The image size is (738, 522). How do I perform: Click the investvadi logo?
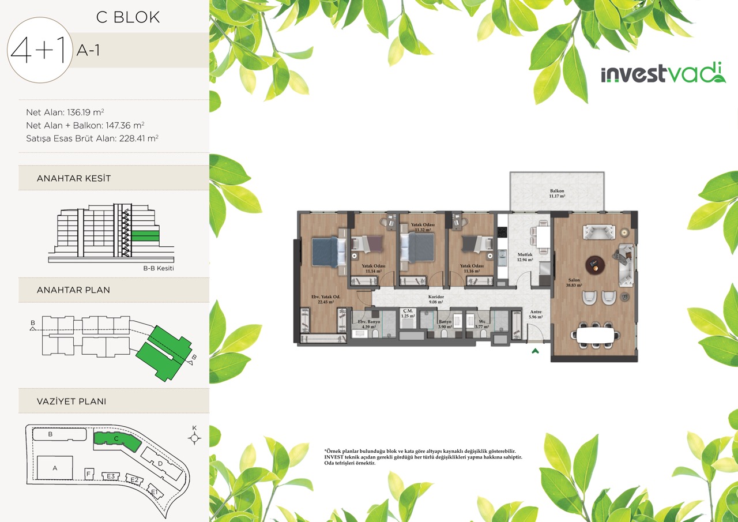(x=663, y=73)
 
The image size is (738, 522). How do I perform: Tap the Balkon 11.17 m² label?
(x=557, y=193)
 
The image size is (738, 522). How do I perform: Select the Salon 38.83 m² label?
(x=574, y=283)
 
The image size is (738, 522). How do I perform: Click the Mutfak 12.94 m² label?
(x=525, y=257)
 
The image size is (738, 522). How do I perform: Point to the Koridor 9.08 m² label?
(x=436, y=299)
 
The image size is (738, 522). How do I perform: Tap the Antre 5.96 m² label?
(x=536, y=314)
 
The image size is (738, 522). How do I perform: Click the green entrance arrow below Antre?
(x=535, y=351)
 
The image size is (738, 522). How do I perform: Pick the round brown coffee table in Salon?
(x=595, y=264)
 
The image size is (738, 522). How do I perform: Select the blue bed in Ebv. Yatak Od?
(x=329, y=252)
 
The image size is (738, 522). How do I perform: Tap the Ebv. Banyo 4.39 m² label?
(x=368, y=324)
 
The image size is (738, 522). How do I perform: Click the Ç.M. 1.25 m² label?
(x=408, y=313)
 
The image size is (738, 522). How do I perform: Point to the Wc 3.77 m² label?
(x=481, y=324)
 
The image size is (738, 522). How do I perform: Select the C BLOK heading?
(x=128, y=17)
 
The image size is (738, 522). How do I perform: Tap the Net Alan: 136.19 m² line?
(x=65, y=112)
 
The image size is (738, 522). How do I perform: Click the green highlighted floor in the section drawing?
(x=145, y=236)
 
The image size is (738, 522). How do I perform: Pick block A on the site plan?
(x=55, y=468)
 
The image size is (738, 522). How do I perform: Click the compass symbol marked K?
(x=194, y=438)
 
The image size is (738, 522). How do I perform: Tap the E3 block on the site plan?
(x=111, y=476)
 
